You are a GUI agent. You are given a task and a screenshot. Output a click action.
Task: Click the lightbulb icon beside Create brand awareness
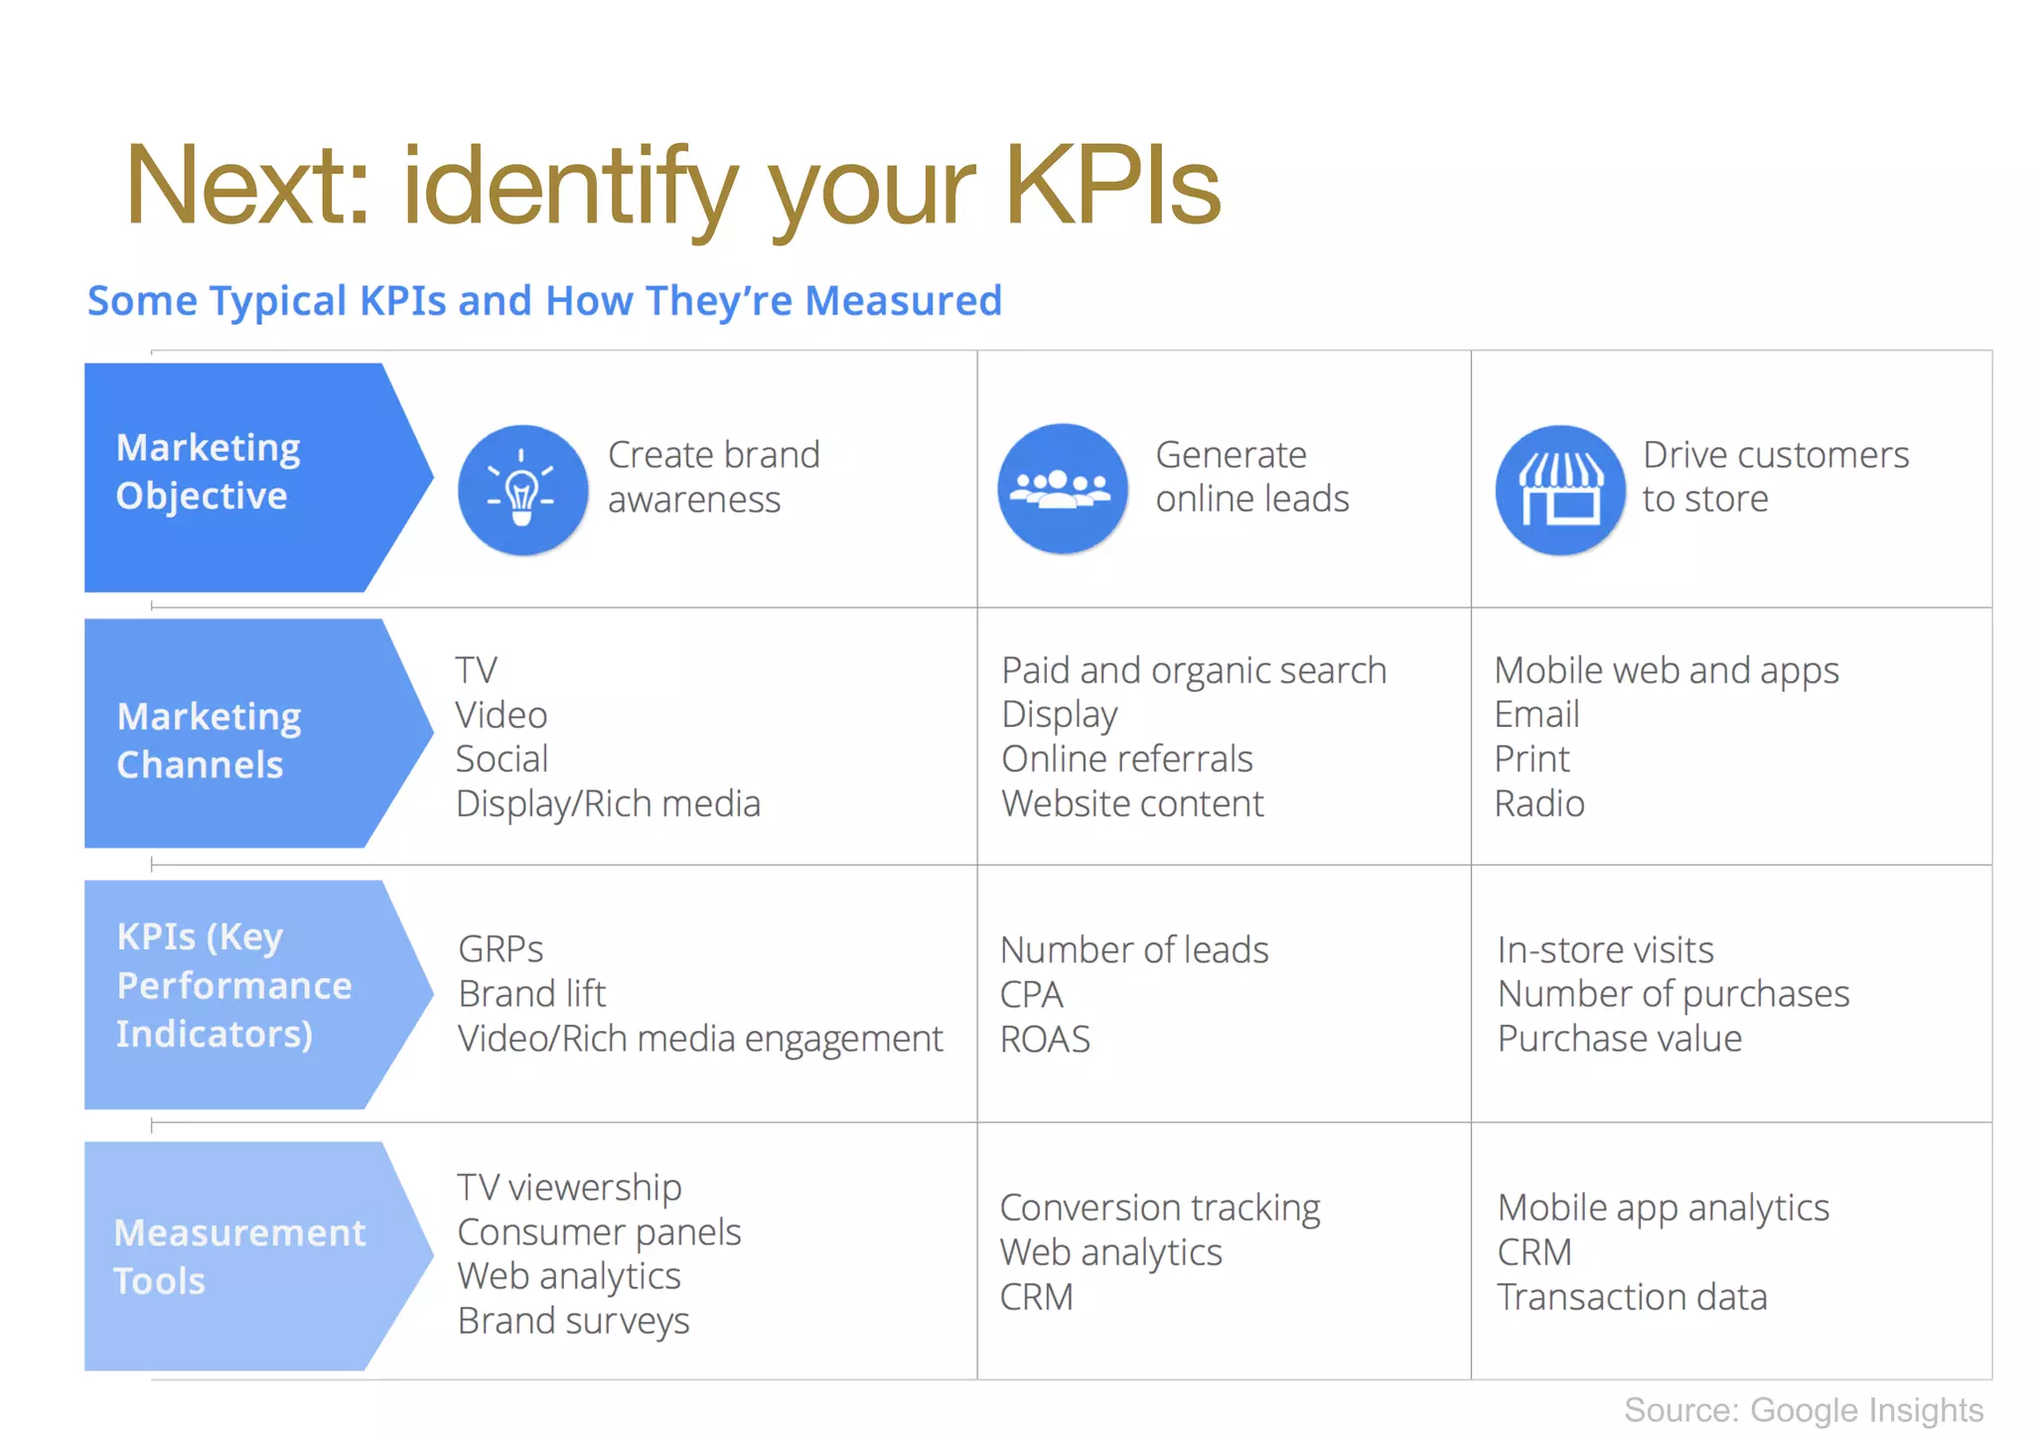[522, 489]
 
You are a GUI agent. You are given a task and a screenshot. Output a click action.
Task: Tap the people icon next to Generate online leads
[1062, 489]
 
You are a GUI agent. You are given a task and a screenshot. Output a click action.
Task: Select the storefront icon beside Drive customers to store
[1559, 490]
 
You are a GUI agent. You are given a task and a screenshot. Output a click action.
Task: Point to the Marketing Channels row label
[210, 740]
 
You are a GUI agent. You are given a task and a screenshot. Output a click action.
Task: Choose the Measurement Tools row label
[239, 1256]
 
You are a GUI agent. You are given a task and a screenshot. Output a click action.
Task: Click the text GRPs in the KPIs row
[501, 949]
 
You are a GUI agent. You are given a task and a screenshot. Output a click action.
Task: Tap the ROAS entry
[1045, 1039]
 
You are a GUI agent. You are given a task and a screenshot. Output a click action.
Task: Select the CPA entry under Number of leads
[1031, 994]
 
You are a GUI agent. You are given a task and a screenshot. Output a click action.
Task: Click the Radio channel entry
[1538, 803]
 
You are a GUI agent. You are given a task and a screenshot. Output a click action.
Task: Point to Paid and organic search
[1193, 670]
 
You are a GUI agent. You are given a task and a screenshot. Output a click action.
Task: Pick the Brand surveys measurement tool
[573, 1321]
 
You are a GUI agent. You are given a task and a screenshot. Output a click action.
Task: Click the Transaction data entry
[1632, 1297]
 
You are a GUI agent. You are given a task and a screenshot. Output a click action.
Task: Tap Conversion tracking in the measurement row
[1159, 1208]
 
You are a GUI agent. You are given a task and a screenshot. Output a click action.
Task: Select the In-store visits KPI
[1605, 949]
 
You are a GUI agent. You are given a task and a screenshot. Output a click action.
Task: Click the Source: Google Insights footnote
[1803, 1409]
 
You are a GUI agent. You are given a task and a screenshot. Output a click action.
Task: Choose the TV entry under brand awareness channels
[476, 670]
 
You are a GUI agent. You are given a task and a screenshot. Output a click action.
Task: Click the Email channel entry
[1536, 714]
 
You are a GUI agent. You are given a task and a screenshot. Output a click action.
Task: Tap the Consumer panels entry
[599, 1232]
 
